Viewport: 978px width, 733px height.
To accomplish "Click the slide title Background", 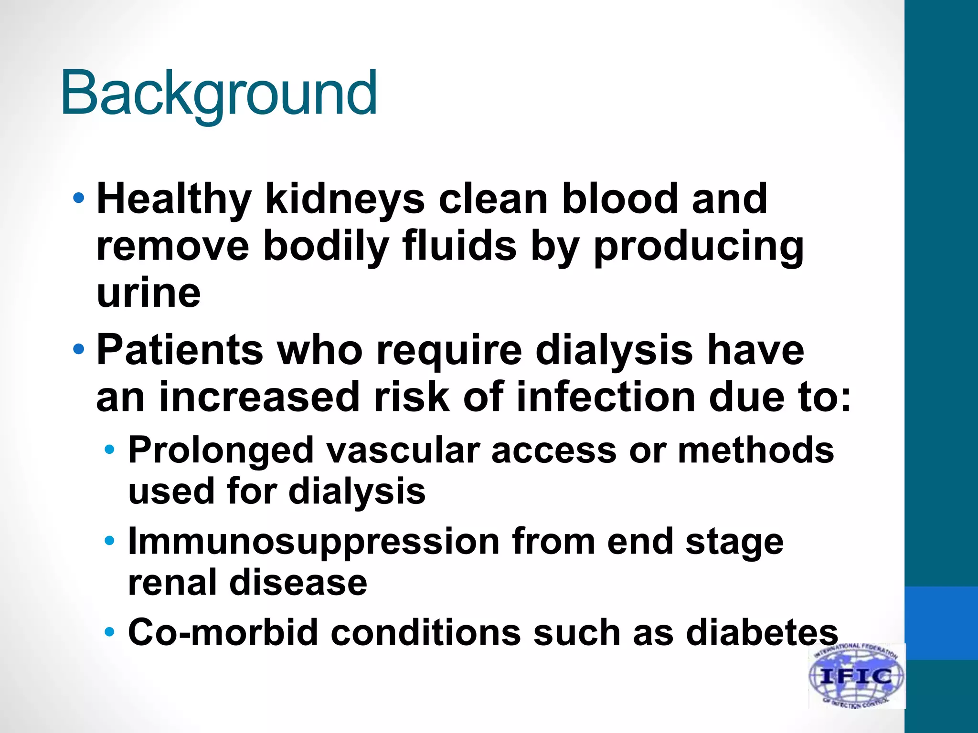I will coord(219,93).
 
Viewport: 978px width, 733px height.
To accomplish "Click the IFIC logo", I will coord(856,676).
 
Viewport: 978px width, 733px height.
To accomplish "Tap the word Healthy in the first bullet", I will coord(174,199).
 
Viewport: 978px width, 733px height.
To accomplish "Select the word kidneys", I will coord(345,199).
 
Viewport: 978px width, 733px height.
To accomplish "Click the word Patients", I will coord(180,350).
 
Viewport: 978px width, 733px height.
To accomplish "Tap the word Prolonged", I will coord(221,450).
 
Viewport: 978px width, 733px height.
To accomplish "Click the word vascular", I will coord(402,450).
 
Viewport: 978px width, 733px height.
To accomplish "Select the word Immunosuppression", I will coord(313,542).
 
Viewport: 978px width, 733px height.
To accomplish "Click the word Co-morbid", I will coord(223,633).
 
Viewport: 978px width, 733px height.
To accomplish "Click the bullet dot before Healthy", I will coord(79,198).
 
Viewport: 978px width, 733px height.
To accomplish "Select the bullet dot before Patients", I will coord(79,350).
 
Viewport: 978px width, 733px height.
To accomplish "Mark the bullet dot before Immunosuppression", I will coord(110,541).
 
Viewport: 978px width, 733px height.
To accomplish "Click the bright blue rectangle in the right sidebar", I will coord(941,623).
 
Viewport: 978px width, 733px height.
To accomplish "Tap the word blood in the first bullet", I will coord(620,199).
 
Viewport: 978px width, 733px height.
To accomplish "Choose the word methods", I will coord(755,450).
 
